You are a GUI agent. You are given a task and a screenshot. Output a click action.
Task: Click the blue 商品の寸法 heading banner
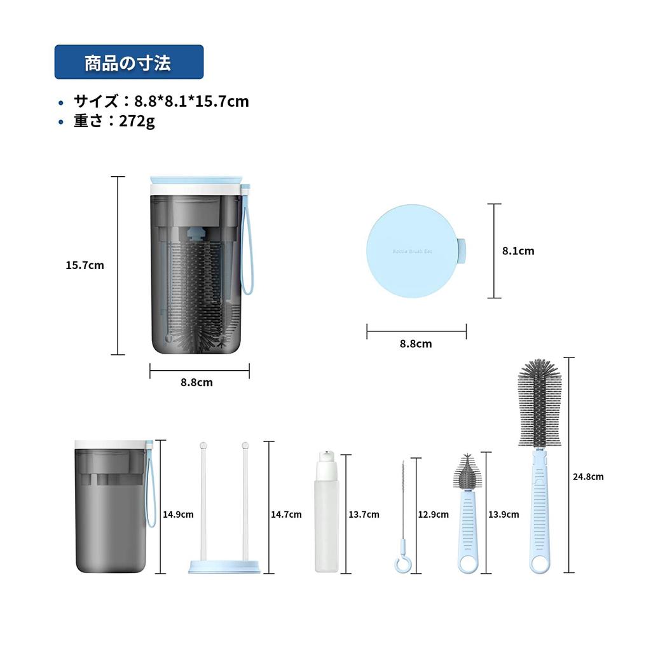[x=128, y=62]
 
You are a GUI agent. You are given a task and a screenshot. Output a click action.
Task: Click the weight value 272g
[x=137, y=121]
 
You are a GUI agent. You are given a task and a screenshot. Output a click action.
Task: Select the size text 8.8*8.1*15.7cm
[x=191, y=101]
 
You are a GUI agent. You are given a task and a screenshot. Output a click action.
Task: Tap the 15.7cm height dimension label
[x=85, y=265]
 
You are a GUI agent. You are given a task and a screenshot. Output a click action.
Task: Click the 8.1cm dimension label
[x=518, y=251]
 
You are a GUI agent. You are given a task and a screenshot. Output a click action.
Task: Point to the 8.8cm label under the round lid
[x=416, y=344]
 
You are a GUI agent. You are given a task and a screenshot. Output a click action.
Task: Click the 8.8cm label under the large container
[x=196, y=382]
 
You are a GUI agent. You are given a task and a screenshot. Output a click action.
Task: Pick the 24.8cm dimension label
[x=588, y=476]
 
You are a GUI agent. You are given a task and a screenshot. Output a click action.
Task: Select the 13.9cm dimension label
[x=504, y=515]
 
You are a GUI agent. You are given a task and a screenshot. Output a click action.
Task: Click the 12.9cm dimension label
[x=433, y=515]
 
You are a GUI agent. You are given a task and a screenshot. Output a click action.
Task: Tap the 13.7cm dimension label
[x=364, y=515]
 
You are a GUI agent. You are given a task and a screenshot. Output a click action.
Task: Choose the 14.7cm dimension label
[x=286, y=515]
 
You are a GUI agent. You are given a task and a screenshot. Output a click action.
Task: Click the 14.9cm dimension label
[x=178, y=515]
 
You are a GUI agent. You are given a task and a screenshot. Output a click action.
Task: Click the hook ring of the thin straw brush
[x=402, y=564]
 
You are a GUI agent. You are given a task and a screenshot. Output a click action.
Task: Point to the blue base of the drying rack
[x=224, y=566]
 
